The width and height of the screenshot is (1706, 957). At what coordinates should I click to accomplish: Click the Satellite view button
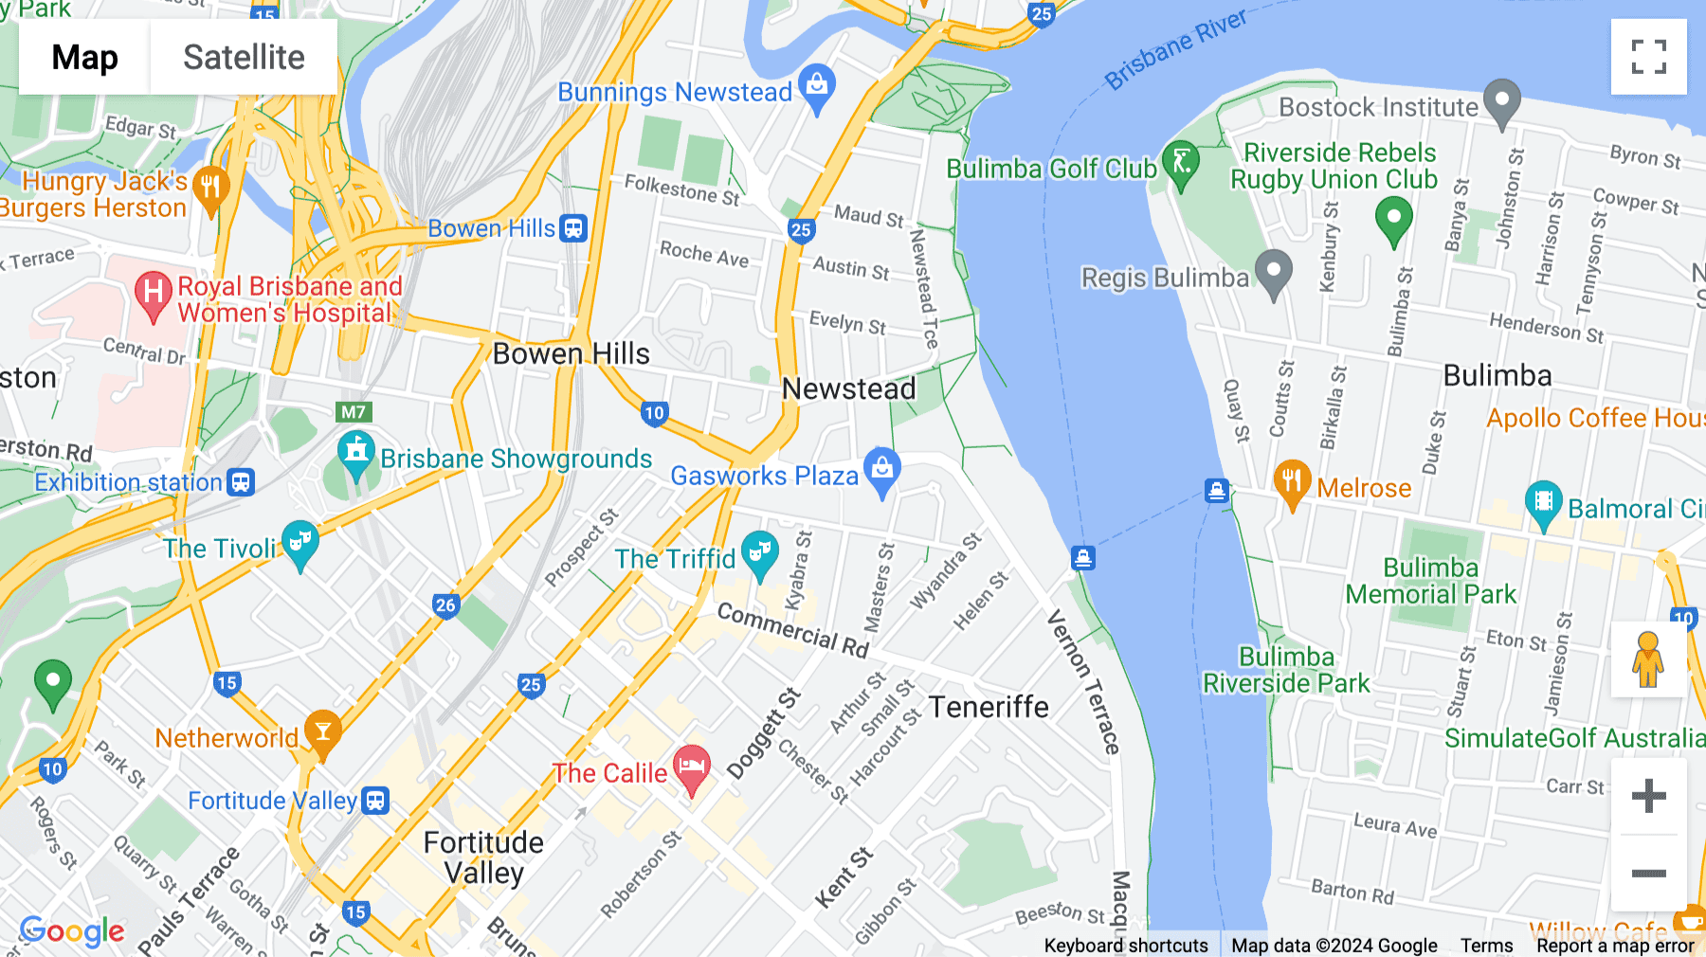click(x=244, y=57)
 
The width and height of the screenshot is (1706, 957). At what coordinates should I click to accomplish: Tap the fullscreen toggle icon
click(x=1648, y=57)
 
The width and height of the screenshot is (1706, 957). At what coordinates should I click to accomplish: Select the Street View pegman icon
click(x=1648, y=659)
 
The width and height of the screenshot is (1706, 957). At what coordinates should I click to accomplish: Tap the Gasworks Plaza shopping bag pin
click(x=882, y=469)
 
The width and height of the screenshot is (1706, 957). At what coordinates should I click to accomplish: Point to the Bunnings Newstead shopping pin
click(x=817, y=86)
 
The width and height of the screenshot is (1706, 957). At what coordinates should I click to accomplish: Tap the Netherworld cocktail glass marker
click(x=322, y=732)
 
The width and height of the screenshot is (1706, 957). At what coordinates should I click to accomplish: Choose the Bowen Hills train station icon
click(x=573, y=228)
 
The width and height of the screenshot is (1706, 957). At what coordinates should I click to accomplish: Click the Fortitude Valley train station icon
click(x=376, y=801)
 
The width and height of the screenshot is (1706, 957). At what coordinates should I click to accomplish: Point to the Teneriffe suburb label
click(x=989, y=707)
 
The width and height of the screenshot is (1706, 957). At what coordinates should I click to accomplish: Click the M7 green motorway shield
click(x=354, y=411)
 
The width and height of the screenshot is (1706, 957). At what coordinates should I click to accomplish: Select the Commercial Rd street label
click(x=792, y=629)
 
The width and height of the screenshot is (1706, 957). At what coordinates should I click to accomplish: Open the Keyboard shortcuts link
click(x=1125, y=945)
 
